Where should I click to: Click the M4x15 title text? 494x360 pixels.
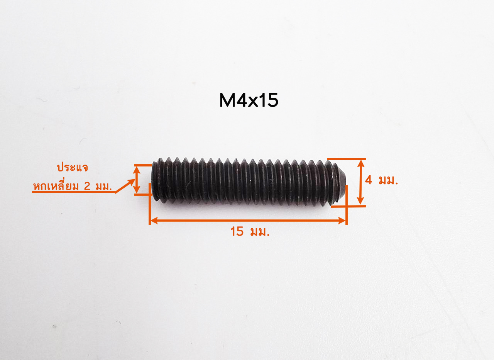(x=249, y=100)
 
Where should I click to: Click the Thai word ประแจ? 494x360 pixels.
(x=72, y=168)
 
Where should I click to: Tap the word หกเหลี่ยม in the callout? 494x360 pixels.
(x=56, y=186)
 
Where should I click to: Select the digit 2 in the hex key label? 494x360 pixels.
(x=87, y=187)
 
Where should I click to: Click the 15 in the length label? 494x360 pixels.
(x=237, y=231)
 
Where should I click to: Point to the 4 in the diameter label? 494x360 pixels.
(x=368, y=180)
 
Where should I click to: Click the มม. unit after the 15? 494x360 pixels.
(x=260, y=232)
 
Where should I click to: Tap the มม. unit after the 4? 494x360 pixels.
(x=388, y=180)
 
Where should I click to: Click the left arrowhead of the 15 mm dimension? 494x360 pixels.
(x=154, y=220)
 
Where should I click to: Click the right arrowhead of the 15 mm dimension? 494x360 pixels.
(x=342, y=220)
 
